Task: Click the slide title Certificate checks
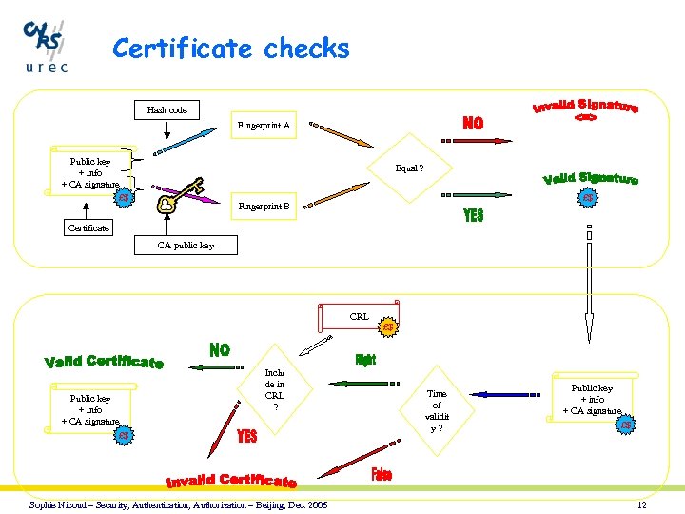231,49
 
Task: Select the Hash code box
166,110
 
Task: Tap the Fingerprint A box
264,126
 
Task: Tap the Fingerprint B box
264,206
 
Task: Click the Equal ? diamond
409,168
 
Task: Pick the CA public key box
186,246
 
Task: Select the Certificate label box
88,228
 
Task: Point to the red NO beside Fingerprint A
473,123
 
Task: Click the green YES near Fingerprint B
473,216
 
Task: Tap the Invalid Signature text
585,109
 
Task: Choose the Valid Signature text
591,177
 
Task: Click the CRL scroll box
360,317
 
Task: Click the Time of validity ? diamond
436,410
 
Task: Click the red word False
381,474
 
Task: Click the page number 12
641,504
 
